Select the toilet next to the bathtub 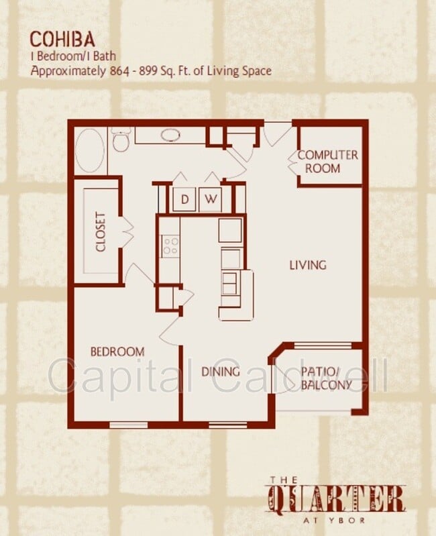click(x=120, y=140)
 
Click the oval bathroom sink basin click(x=170, y=135)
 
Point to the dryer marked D click(x=184, y=199)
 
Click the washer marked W click(x=210, y=199)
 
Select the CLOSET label click(x=101, y=232)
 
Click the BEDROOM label click(x=117, y=352)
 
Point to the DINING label click(x=221, y=372)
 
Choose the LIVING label click(x=307, y=264)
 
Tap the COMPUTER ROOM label click(x=327, y=162)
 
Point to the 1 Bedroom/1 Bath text click(x=70, y=56)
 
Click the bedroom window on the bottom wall click(x=128, y=425)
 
